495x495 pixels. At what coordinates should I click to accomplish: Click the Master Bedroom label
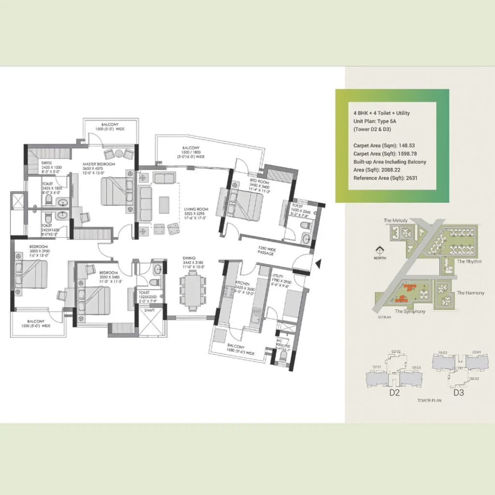[x=99, y=164]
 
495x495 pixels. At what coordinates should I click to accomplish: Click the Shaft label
[x=149, y=310]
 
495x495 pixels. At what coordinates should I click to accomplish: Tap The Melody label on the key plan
[x=395, y=220]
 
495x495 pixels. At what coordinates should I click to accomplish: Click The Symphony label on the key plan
[x=410, y=311]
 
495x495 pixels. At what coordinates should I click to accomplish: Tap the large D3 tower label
[x=458, y=393]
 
